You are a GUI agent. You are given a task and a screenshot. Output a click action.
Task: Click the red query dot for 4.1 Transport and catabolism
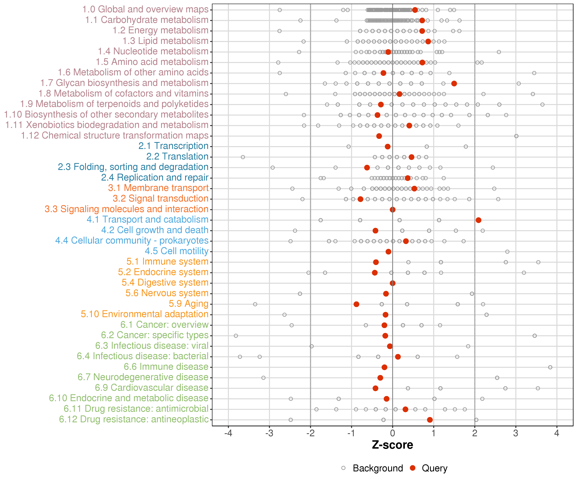tap(478, 220)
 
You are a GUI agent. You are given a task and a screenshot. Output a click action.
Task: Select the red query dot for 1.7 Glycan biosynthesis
tap(454, 83)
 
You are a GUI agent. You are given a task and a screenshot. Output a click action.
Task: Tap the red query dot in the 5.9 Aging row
tap(356, 304)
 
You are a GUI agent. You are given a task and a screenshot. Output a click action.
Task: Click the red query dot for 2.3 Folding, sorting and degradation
tap(367, 167)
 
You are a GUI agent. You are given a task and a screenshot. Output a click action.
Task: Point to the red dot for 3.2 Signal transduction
tap(360, 199)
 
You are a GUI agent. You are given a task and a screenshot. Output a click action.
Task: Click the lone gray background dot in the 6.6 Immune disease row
tap(550, 367)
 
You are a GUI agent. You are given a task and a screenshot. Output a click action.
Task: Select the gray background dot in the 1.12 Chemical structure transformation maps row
tap(516, 136)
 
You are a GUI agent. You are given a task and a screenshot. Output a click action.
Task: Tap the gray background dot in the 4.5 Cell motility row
tap(507, 252)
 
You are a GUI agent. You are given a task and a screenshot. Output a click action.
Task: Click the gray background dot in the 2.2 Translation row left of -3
tap(243, 157)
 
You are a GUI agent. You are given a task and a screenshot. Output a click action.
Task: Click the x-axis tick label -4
tap(228, 433)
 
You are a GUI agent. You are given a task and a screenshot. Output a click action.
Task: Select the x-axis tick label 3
tap(516, 433)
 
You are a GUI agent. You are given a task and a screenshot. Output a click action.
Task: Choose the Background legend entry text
tap(378, 468)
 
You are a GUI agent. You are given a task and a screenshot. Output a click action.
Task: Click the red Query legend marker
tap(412, 468)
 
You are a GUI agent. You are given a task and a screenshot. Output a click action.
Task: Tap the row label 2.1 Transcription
tap(173, 146)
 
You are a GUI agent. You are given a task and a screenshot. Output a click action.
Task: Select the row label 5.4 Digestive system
tap(165, 283)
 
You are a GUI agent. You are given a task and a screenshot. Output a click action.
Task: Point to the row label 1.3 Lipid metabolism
tap(165, 41)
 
